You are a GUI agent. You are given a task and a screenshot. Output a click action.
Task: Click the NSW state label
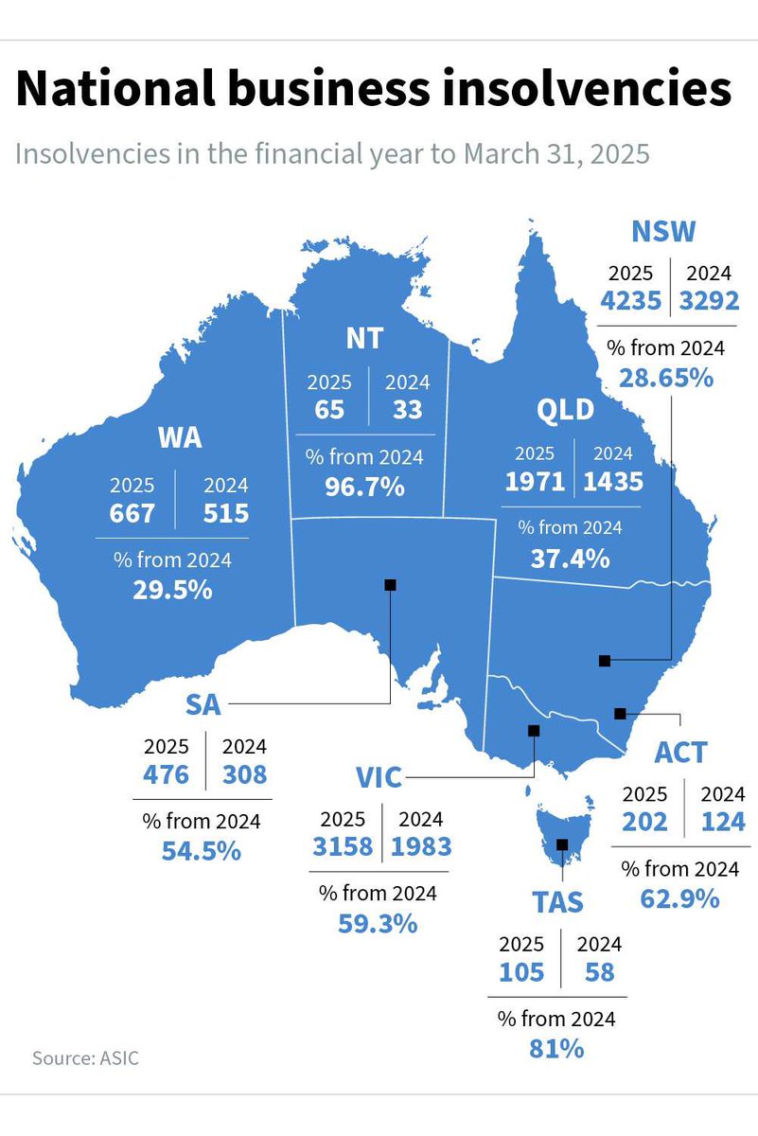pos(663,232)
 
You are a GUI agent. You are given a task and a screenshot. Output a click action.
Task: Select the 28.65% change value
pos(665,378)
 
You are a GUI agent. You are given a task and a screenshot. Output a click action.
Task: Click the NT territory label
pos(365,338)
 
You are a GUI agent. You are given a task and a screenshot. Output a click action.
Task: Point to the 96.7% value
pos(364,488)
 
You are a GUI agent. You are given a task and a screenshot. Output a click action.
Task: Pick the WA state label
pos(180,438)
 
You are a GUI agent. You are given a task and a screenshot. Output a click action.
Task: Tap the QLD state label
pos(566,410)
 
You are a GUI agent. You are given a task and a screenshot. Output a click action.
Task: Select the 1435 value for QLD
pos(613,481)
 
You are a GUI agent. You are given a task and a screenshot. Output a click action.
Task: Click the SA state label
pos(204,705)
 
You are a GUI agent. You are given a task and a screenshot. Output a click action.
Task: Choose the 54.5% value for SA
pos(201,850)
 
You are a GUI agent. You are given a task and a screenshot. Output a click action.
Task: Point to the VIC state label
pos(379,779)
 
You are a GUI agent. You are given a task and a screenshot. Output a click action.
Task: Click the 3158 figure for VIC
pos(343,846)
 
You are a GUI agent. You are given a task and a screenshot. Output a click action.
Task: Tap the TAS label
pos(557,902)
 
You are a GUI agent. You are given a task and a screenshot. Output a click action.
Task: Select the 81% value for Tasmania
pos(556,1048)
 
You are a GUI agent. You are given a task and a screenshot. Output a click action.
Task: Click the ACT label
pos(680,753)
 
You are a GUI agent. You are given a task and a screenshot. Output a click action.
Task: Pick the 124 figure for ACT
pos(723,822)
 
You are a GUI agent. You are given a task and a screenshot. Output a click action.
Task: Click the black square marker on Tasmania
pos(563,844)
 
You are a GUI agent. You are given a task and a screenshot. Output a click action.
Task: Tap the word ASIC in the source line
pos(119,1058)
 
